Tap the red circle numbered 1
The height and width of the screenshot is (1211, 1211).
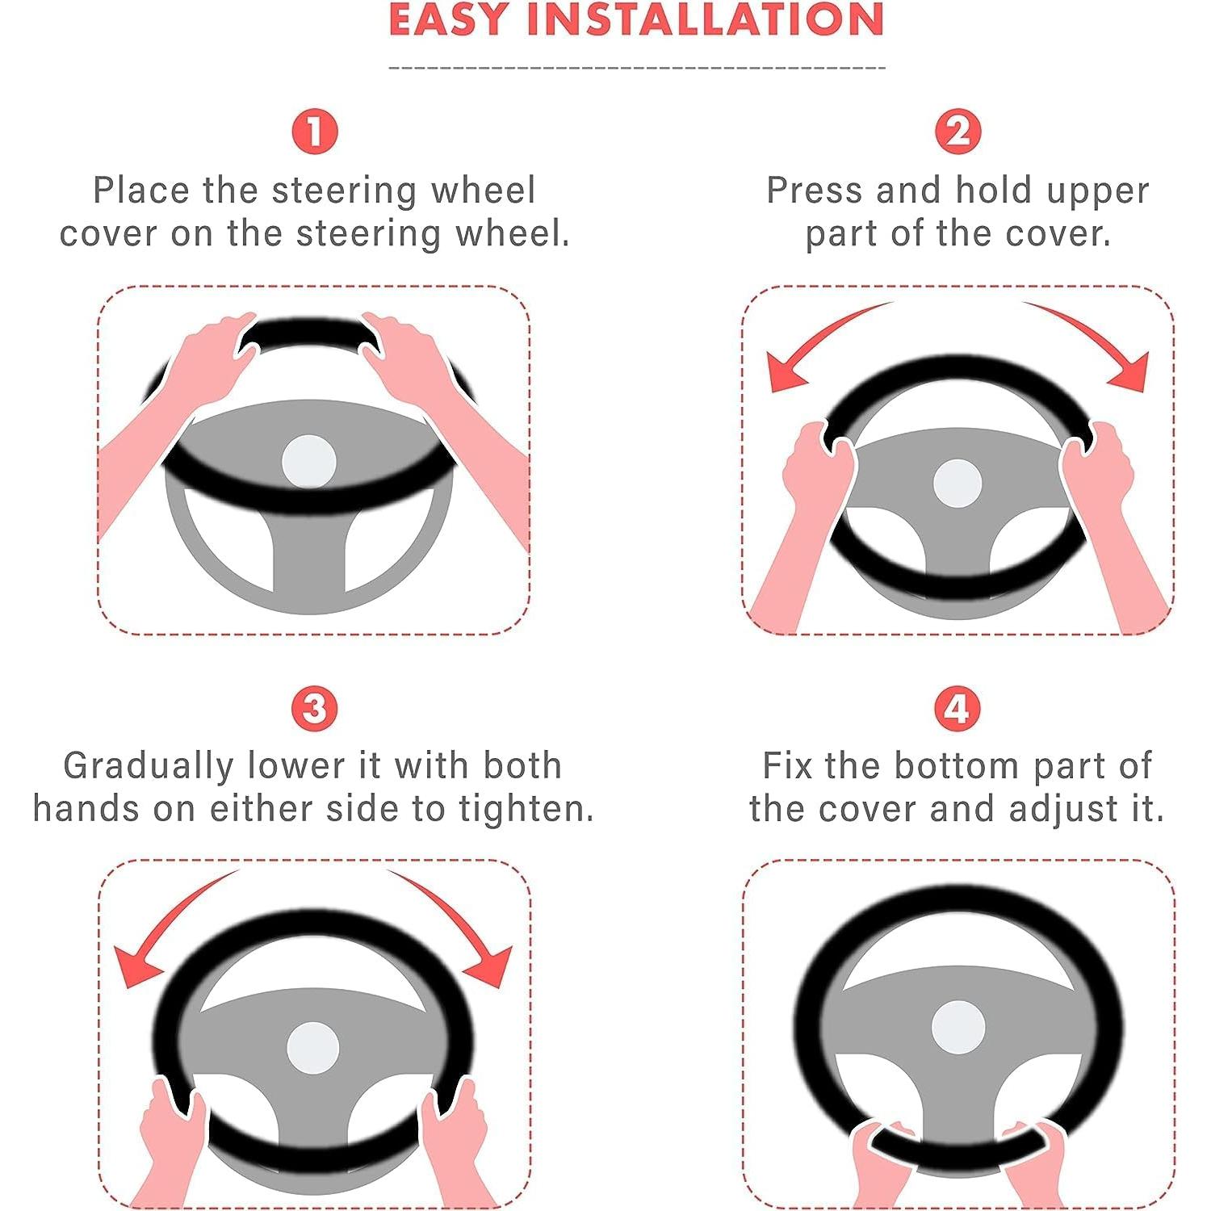[314, 132]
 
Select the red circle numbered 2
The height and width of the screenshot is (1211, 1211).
[957, 132]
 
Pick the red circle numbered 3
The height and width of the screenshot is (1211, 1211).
[314, 709]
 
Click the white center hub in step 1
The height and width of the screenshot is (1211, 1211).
[309, 463]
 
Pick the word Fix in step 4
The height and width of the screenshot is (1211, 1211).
[787, 765]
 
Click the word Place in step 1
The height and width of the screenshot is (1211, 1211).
[141, 191]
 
